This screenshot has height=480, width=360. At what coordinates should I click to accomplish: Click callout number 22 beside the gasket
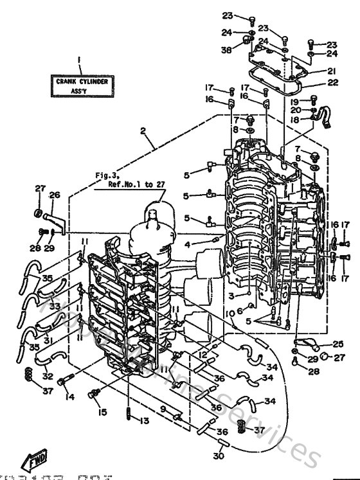[332, 82]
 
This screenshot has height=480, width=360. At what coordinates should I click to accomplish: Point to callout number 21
[332, 71]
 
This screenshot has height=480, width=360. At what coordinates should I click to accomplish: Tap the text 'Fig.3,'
[105, 174]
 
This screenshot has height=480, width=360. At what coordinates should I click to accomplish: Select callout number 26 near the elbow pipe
[54, 195]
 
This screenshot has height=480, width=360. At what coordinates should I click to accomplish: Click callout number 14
[69, 397]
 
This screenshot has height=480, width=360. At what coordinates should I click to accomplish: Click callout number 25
[337, 343]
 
